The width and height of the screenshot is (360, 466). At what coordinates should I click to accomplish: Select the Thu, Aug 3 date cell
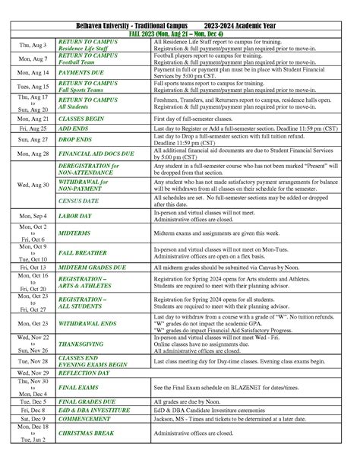32,46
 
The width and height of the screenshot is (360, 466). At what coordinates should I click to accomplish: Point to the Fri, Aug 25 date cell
32,129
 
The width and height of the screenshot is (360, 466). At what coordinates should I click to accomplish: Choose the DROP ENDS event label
75,140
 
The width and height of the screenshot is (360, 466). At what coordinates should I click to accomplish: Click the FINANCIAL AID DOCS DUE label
96,154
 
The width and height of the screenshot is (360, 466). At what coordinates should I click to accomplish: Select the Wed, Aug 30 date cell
32,185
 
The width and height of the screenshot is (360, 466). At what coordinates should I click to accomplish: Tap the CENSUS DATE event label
78,201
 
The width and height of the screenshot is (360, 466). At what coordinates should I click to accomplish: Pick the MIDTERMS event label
74,233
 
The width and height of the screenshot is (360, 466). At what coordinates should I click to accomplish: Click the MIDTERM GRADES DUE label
92,268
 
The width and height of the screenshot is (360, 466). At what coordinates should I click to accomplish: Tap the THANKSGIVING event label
81,344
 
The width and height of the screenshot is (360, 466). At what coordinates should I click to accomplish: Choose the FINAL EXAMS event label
78,388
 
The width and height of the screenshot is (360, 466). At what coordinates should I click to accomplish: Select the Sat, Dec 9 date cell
32,418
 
